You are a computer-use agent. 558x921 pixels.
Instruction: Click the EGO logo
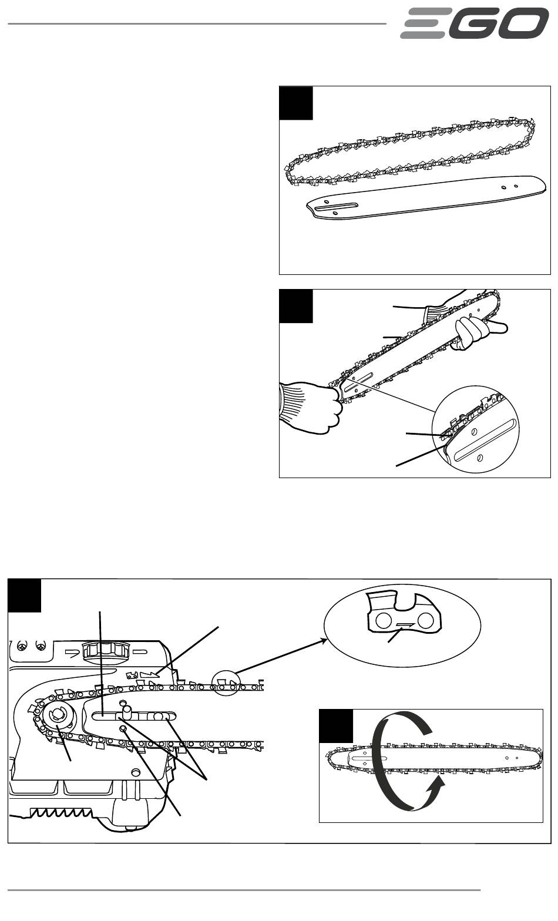coord(475,23)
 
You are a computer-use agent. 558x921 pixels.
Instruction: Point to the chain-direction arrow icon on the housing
coord(149,675)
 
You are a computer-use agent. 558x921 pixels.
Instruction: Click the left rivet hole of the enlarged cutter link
coord(383,620)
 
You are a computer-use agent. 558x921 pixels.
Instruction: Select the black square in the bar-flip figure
coord(336,726)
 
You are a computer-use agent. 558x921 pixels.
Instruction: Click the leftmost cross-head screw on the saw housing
coord(21,647)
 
